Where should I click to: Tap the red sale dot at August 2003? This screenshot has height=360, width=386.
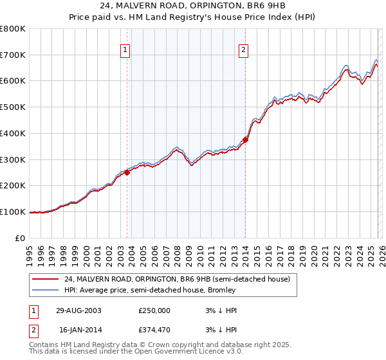click(127, 172)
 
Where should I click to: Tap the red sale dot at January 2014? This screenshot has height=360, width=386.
click(246, 139)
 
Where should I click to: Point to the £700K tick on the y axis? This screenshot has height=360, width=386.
click(14, 55)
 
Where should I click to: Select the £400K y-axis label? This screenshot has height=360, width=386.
click(14, 134)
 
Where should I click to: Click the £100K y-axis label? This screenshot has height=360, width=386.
click(14, 212)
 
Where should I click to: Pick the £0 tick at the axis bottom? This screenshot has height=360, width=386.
click(21, 238)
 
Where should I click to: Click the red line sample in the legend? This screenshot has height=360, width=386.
click(46, 280)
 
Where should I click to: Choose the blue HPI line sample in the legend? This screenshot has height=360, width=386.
click(46, 290)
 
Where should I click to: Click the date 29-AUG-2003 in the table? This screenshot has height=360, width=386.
click(78, 310)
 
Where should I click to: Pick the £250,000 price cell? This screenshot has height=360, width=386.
click(155, 310)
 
